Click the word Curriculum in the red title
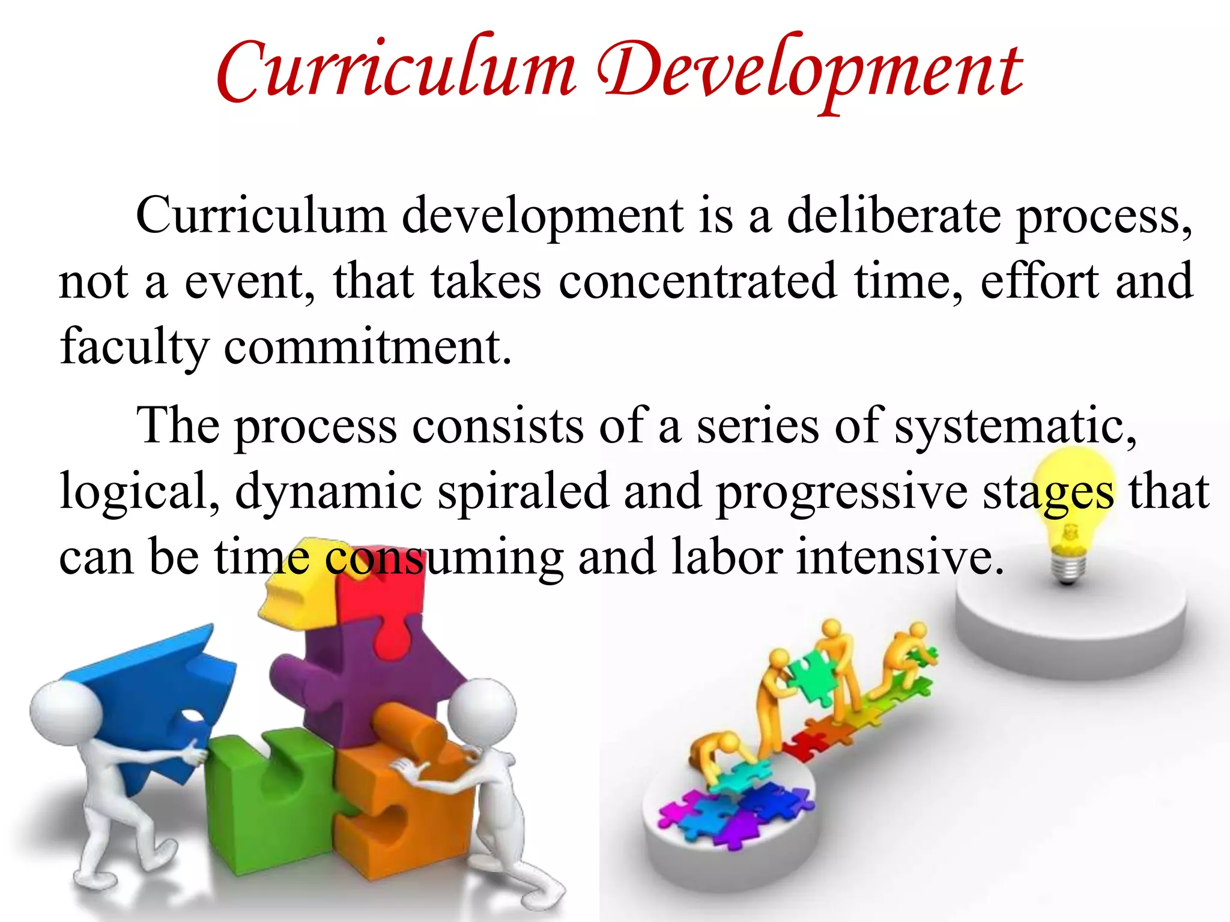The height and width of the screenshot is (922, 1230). (396, 72)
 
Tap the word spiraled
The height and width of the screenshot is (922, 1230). (523, 492)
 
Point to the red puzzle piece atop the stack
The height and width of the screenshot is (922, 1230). (384, 600)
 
